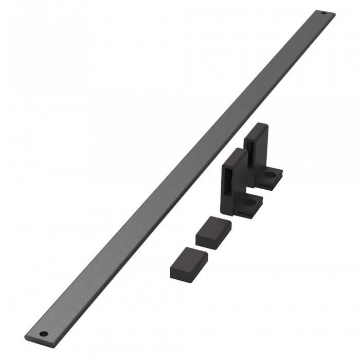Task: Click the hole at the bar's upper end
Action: (323, 13)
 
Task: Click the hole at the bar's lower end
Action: (44, 334)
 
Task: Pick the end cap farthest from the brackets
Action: (188, 262)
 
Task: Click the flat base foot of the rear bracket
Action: (270, 177)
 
